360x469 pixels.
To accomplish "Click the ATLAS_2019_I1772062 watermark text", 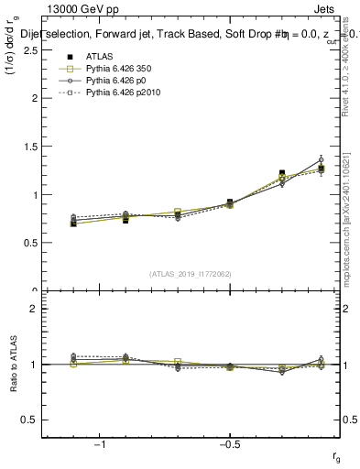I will pos(189,273).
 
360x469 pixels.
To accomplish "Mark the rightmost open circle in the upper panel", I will pos(321,159).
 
